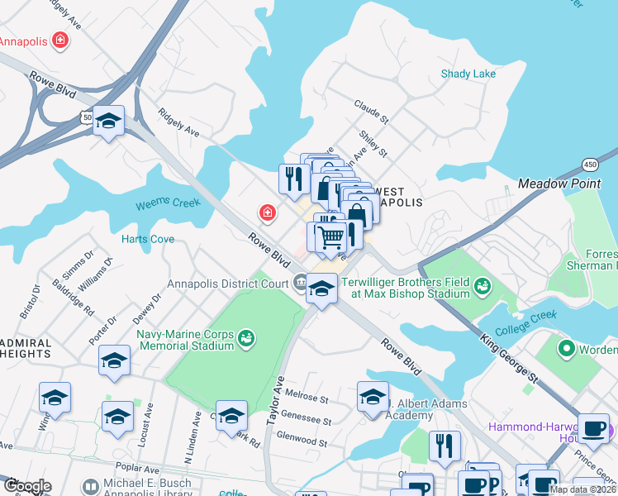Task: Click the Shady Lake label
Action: (468, 74)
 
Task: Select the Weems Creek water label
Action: (168, 203)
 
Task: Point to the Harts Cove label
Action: (148, 239)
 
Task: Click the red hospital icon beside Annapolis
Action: (59, 40)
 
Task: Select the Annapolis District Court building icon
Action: (298, 284)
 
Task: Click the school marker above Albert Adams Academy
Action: (373, 395)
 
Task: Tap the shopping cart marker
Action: (331, 237)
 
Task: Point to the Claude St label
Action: (371, 109)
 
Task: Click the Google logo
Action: (26, 486)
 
